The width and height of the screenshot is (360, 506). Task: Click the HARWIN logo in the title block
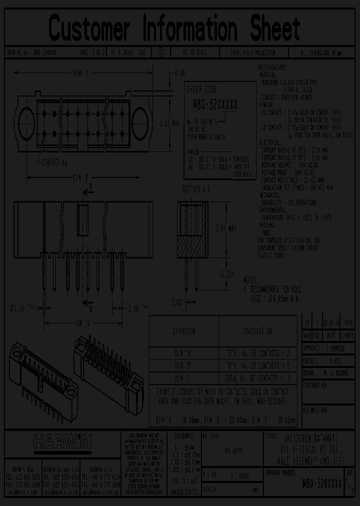pos(62,441)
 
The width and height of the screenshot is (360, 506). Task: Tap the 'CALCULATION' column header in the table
pos(258,331)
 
